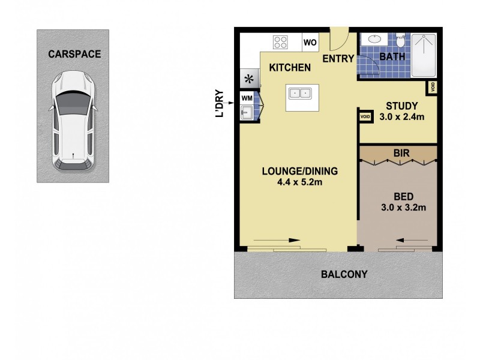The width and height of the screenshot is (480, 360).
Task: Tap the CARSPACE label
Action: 74,54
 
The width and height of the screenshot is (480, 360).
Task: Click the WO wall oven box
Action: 310,43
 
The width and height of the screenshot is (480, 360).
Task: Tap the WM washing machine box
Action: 247,98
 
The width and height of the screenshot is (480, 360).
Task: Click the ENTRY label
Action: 338,58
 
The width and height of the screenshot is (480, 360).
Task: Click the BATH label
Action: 393,57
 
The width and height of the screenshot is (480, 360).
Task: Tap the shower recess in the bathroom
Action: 424,55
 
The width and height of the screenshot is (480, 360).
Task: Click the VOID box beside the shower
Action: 433,88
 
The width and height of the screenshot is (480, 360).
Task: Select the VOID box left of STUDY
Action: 365,116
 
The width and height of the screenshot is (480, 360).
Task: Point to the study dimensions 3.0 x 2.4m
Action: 402,116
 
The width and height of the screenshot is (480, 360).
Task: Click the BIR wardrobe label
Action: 401,154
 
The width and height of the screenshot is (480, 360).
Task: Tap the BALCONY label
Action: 344,275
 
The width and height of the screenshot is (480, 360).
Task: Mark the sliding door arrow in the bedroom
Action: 412,241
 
